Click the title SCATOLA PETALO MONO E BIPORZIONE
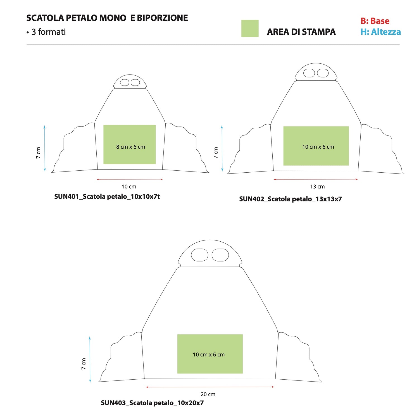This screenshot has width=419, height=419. coord(107,18)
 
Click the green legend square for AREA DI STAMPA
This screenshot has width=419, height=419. coord(250,28)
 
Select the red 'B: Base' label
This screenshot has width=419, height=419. coord(375,21)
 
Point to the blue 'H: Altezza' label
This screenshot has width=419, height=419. coord(380,32)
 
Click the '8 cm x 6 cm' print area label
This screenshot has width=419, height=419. coord(131,147)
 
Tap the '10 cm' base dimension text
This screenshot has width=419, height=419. coord(129,187)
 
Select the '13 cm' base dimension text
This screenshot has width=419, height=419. coord(317,187)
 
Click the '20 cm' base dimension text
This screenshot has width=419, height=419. coord(208,394)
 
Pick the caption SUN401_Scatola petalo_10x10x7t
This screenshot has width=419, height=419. coord(107,197)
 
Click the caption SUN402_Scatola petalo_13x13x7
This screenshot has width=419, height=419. coord(291,199)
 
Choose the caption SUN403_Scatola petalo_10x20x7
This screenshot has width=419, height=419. coord(152,403)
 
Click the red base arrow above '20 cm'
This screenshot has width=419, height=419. coord(210,387)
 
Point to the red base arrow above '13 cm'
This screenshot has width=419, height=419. coord(316,179)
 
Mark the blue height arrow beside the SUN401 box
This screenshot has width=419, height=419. coord(45,148)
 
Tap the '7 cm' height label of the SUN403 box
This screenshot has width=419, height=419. coord(84,364)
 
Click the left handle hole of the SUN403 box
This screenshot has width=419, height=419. coord(199,255)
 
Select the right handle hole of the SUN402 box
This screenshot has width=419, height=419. coord(323,73)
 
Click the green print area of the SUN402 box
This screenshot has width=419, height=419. coord(316,146)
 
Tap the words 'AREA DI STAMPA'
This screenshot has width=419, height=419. coord(301,32)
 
